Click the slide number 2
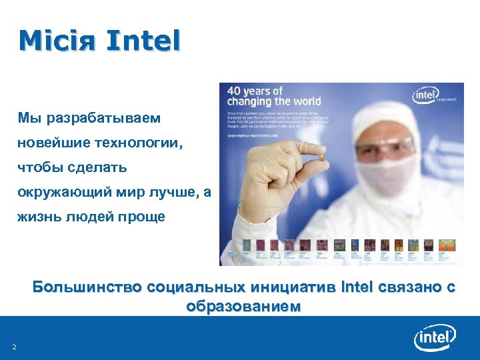pyautogui.click(x=14, y=347)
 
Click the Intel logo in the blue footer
pyautogui.click(x=435, y=339)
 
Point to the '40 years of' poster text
pyautogui.click(x=256, y=91)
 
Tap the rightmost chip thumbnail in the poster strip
pyautogui.click(x=445, y=246)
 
